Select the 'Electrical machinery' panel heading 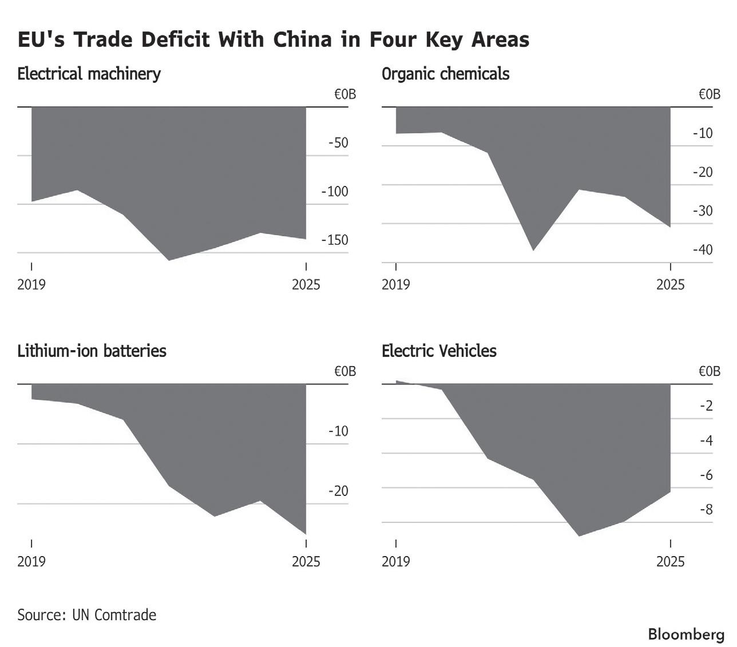(89, 74)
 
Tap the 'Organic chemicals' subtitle (445, 74)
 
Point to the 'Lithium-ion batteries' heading (92, 351)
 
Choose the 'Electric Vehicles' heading (439, 351)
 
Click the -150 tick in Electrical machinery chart (335, 240)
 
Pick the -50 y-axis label (338, 142)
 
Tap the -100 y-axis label (335, 191)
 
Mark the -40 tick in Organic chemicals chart (703, 250)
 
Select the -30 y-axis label (703, 211)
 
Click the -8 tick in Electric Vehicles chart (707, 510)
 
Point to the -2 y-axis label (707, 406)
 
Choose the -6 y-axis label (707, 475)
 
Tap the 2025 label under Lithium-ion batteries (306, 562)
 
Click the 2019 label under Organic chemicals (396, 284)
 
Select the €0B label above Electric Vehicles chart (710, 371)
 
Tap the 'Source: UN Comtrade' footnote (86, 615)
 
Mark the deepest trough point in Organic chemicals (533, 250)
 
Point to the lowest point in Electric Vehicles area (579, 535)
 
